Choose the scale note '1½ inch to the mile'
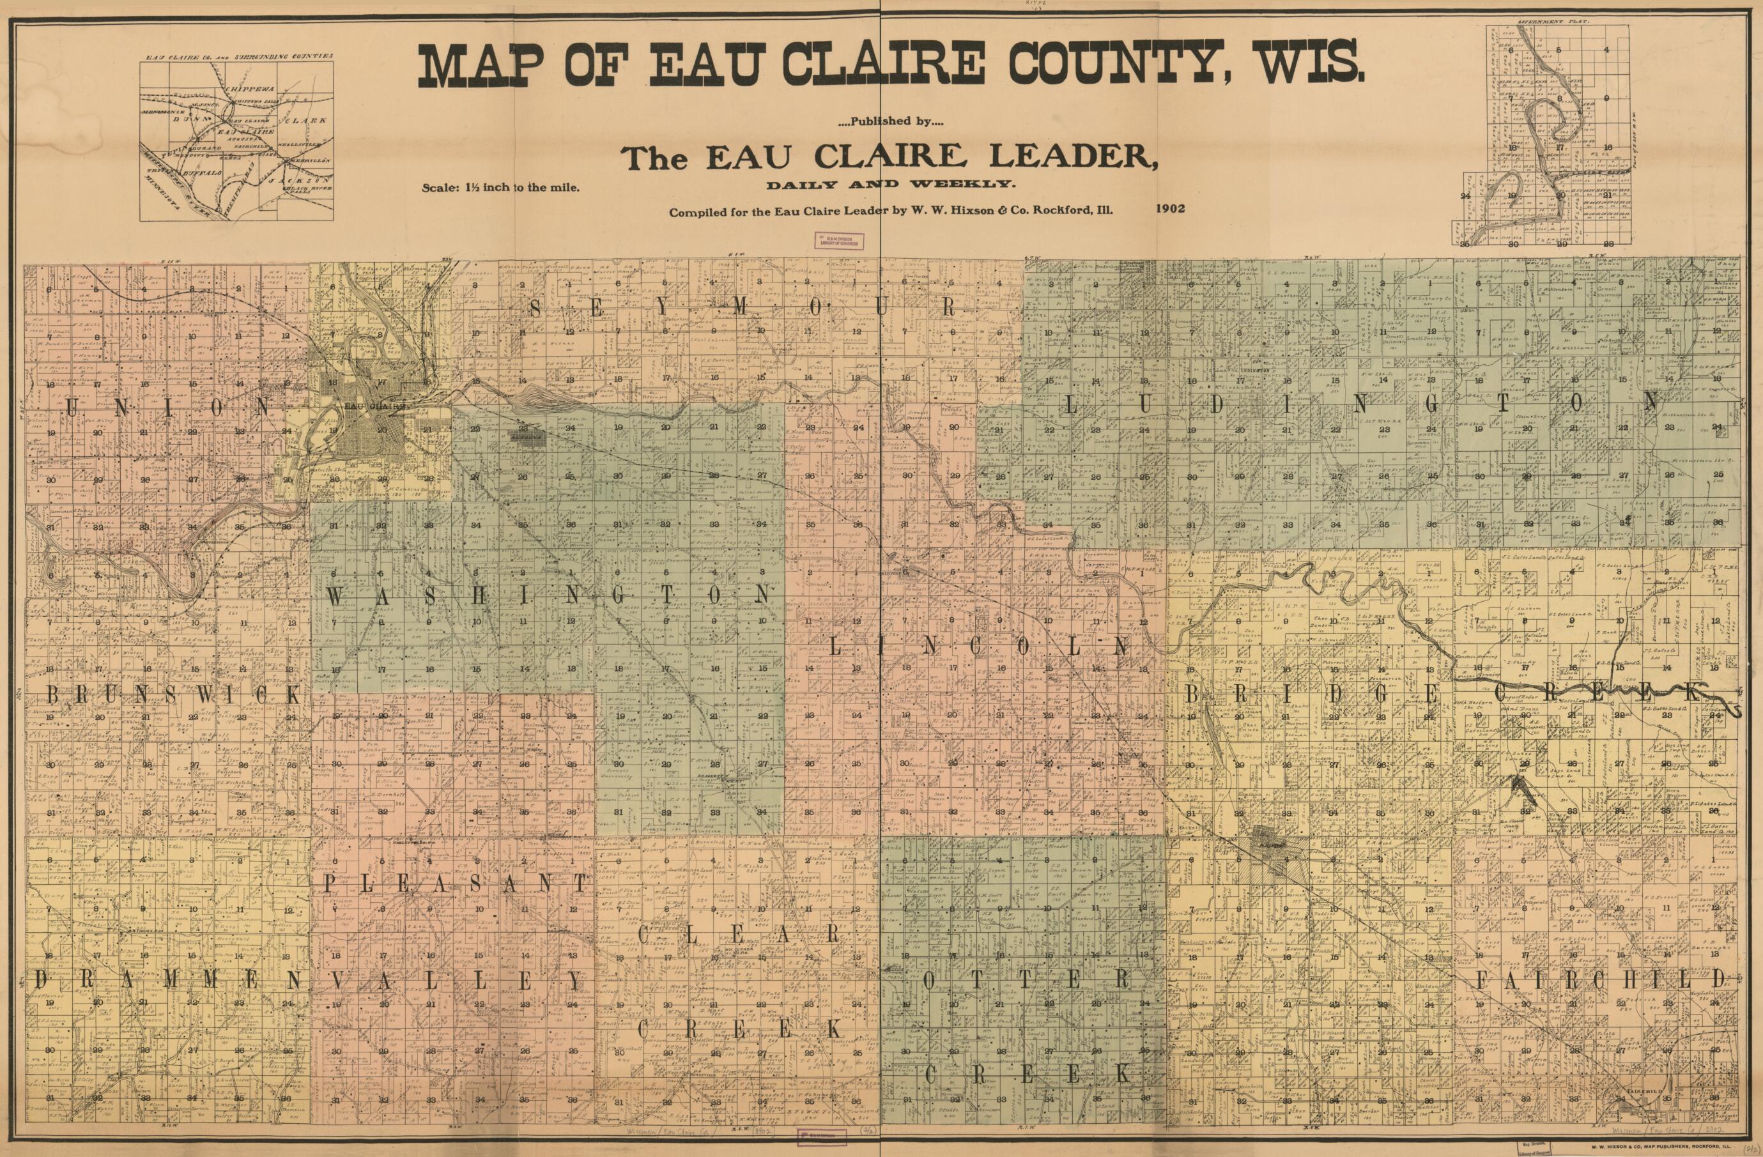coord(522,187)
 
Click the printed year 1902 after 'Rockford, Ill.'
coord(1169,208)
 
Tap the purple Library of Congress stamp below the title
coord(838,240)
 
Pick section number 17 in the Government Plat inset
coord(1560,147)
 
